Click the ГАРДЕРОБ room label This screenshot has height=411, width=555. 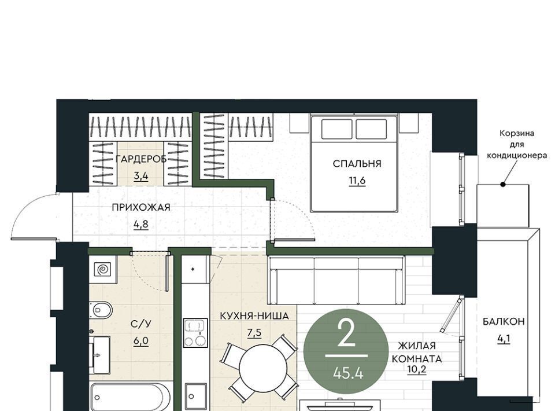click(x=141, y=159)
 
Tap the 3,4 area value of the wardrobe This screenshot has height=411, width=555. click(x=141, y=176)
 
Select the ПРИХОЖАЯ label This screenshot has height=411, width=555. click(x=141, y=207)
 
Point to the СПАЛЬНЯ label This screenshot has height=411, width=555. click(x=357, y=164)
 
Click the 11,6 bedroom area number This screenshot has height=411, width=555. click(x=357, y=181)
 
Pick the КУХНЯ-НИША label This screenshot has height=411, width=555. click(x=254, y=315)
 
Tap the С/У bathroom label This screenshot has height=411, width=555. click(x=141, y=324)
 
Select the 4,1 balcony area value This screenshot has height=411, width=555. click(x=504, y=339)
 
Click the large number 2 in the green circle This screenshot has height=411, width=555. click(x=346, y=334)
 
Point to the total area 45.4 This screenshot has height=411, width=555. click(x=348, y=373)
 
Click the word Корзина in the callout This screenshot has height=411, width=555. click(x=517, y=134)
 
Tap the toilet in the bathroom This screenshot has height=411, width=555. click(x=101, y=311)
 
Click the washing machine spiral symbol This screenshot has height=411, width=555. click(x=103, y=270)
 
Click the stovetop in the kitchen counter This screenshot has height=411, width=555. click(x=195, y=333)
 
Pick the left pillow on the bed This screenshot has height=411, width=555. click(x=336, y=129)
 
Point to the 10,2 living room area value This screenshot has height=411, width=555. click(x=417, y=369)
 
